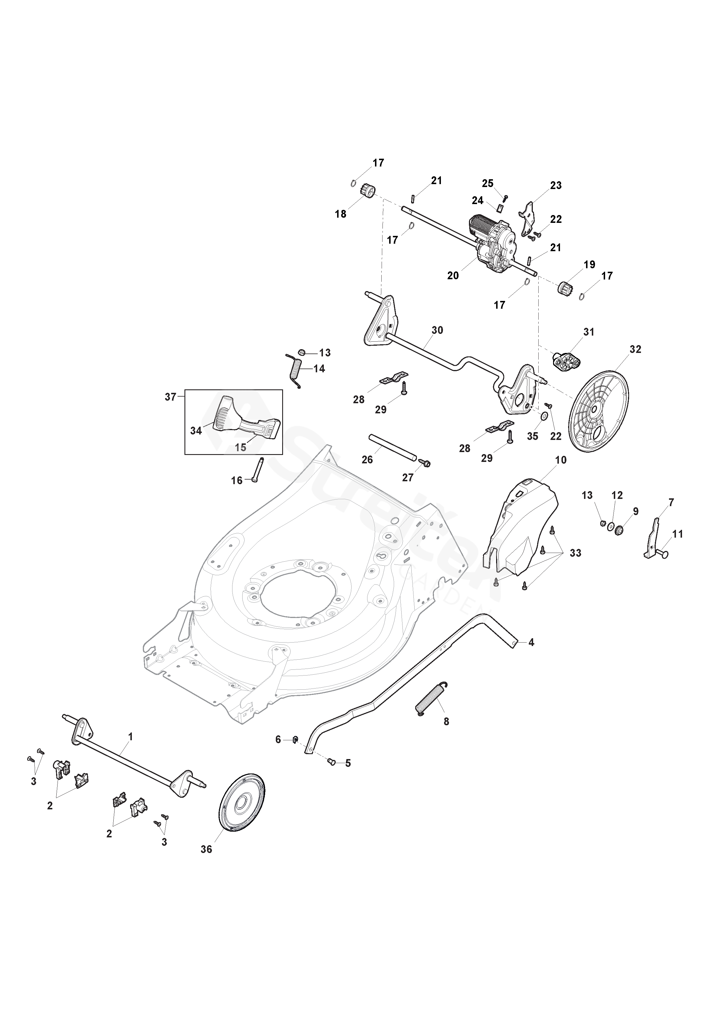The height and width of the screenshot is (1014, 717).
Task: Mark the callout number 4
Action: pyautogui.click(x=531, y=643)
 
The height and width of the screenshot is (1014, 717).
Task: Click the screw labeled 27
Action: pyautogui.click(x=426, y=463)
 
